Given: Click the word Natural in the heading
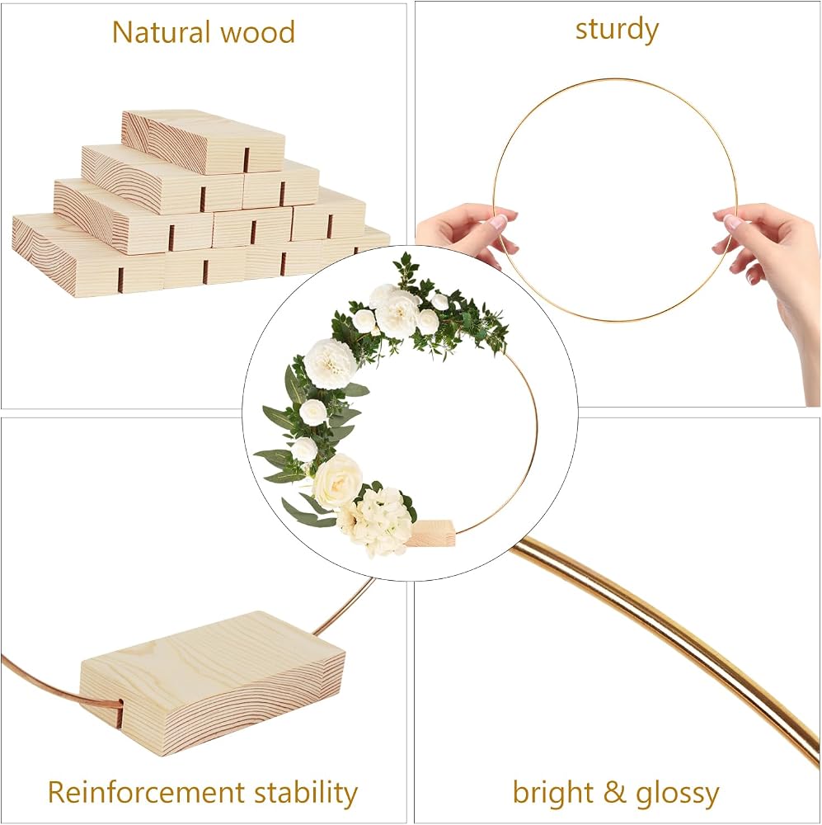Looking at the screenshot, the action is pos(162,32).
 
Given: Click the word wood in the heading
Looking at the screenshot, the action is pos(257,32).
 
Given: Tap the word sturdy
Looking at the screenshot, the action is pos(617,30).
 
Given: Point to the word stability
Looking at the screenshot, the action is pos(306,793).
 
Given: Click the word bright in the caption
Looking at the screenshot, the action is pos(552,792).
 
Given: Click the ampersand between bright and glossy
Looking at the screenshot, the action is pos(614,792).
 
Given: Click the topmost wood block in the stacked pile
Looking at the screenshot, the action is pos(203,140).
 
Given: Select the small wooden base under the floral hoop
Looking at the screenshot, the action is pos(431,532).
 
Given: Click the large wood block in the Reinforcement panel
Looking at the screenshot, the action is pos(213,683).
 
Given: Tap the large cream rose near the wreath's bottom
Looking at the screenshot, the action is pos(337,480).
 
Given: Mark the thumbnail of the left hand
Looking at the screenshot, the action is pos(497,221).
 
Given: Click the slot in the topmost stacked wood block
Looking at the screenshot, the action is pos(247,160).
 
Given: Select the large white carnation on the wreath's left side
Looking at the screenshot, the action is pos(331,364).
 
